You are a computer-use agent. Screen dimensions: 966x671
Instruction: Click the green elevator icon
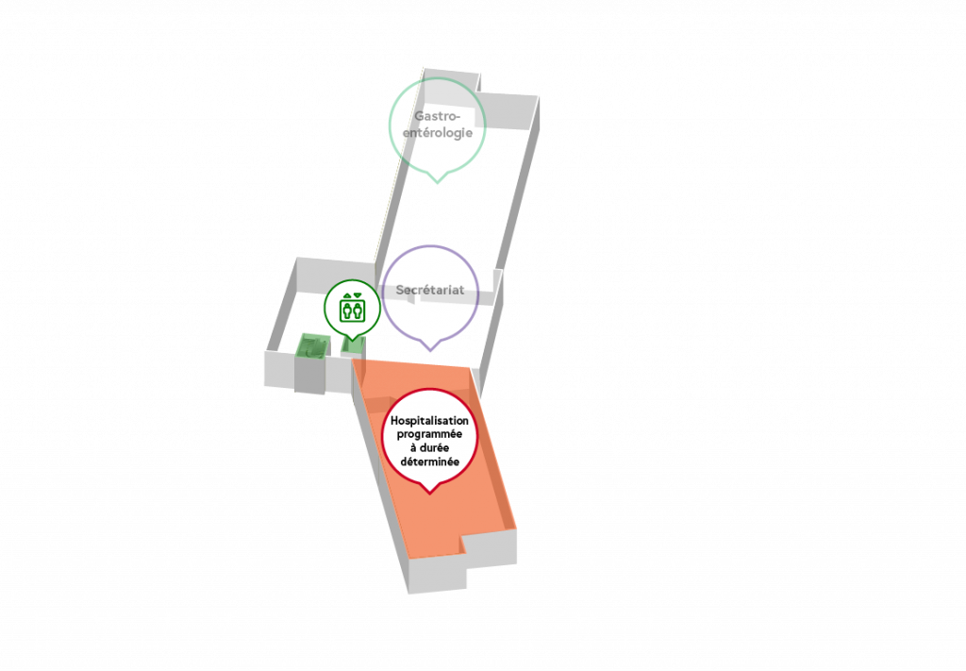[353, 308]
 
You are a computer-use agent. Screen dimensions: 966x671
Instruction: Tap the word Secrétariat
[430, 290]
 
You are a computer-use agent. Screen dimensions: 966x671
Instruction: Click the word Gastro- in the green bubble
[438, 116]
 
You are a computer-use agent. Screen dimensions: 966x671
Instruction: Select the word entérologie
[438, 132]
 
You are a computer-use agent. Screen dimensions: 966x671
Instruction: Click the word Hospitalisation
[429, 421]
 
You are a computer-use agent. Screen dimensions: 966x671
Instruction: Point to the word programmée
[429, 434]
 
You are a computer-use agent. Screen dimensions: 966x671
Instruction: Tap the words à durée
[429, 448]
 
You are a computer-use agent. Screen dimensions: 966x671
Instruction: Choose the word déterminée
[429, 461]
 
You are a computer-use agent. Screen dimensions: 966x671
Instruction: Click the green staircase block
[311, 346]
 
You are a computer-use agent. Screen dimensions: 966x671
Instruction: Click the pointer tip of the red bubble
[430, 494]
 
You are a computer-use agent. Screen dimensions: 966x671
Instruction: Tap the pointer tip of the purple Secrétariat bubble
[430, 350]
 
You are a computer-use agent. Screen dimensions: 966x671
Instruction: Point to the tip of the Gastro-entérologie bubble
[438, 182]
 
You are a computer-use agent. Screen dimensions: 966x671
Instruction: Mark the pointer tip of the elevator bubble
[353, 340]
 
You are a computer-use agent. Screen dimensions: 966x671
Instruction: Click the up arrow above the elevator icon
[347, 295]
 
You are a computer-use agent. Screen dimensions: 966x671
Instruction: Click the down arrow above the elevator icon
[358, 295]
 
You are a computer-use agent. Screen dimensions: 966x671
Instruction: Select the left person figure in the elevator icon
[347, 310]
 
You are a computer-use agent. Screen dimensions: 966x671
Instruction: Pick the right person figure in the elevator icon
[358, 310]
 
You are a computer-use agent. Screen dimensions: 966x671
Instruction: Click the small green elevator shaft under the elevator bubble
[353, 346]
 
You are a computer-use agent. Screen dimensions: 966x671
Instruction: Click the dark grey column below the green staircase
[309, 376]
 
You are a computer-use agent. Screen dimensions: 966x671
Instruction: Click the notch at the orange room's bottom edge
[462, 545]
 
